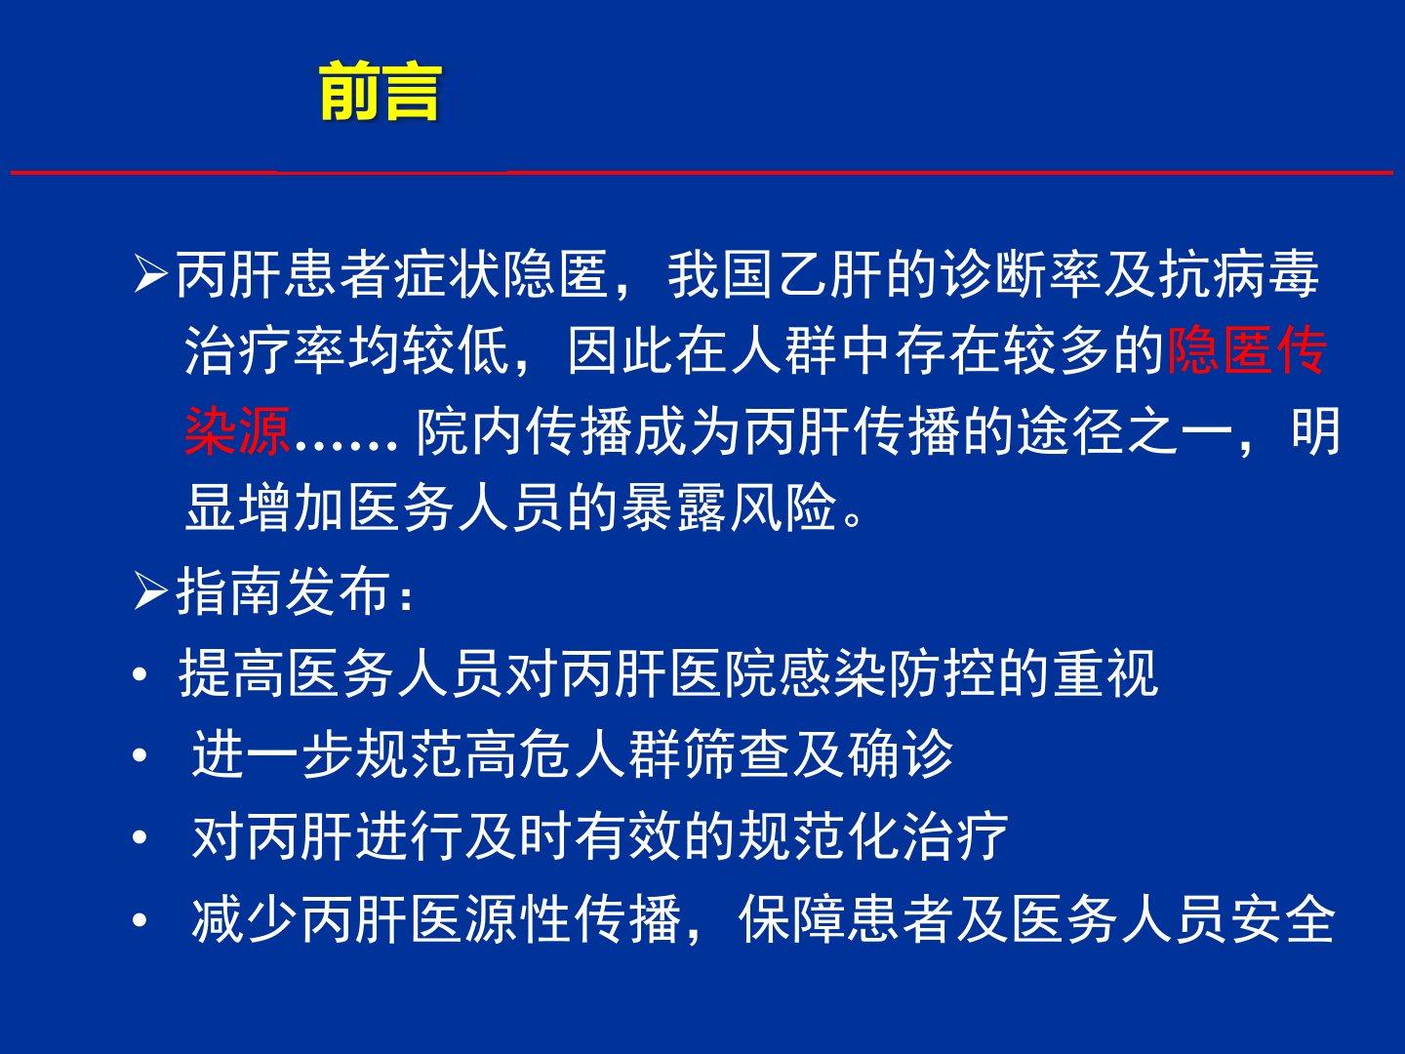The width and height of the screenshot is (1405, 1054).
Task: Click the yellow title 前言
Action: (381, 91)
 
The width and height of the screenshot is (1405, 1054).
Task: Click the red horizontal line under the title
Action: (702, 172)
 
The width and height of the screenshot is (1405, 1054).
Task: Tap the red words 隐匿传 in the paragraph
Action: (1247, 350)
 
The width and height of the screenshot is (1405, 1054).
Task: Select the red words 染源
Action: (237, 430)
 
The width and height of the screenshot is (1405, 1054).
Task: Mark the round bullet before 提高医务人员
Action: (140, 673)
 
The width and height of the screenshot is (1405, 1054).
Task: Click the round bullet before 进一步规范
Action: (140, 755)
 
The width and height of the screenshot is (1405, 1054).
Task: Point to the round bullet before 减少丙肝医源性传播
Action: (140, 919)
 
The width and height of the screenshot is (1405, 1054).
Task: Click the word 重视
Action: (1105, 672)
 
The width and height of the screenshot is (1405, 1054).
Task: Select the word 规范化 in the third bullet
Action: (819, 835)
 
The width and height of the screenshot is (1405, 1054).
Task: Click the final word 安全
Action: (1283, 919)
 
